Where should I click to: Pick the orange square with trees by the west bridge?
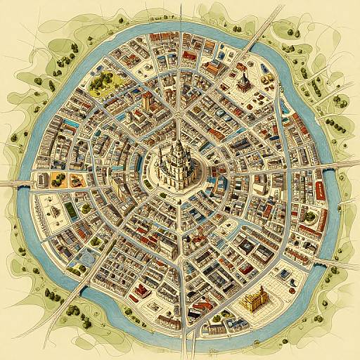[77, 179]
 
